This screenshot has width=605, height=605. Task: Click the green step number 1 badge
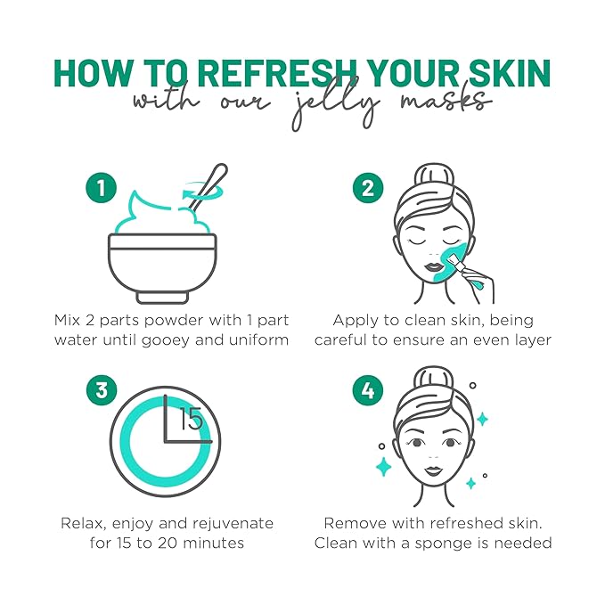(x=102, y=190)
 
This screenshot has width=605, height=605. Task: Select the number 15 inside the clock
(x=192, y=419)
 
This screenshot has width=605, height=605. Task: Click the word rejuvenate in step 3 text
(x=228, y=523)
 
